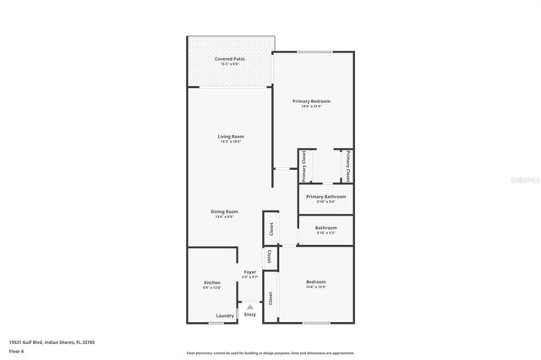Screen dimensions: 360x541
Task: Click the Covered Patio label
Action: pyautogui.click(x=230, y=58)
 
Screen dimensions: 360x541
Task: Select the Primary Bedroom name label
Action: pyautogui.click(x=308, y=101)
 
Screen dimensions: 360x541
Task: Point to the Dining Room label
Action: pyautogui.click(x=225, y=211)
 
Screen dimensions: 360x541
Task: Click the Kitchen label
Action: pyautogui.click(x=212, y=282)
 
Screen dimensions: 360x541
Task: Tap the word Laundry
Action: pyautogui.click(x=225, y=316)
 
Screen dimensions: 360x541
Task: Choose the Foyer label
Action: pyautogui.click(x=249, y=272)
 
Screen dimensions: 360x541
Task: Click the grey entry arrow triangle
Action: pyautogui.click(x=249, y=307)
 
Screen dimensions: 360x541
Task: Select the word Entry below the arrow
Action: pyautogui.click(x=249, y=315)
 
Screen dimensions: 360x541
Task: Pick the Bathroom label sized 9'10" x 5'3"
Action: pyautogui.click(x=326, y=227)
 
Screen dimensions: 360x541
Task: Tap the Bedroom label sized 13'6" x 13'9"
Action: pyautogui.click(x=315, y=281)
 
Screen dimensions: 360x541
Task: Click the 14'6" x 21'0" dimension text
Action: pyautogui.click(x=308, y=106)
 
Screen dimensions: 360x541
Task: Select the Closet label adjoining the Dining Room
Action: pyautogui.click(x=271, y=228)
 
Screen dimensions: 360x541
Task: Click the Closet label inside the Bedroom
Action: pyautogui.click(x=270, y=297)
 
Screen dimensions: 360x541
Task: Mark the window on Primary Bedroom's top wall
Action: pyautogui.click(x=314, y=52)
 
